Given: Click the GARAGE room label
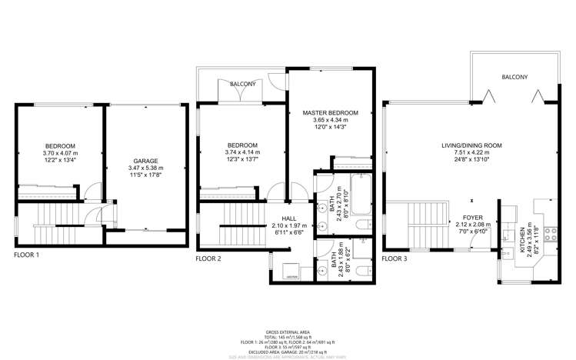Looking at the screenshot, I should (x=145, y=162).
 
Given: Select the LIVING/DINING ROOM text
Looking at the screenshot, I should (x=471, y=145).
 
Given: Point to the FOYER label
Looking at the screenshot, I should (x=472, y=218).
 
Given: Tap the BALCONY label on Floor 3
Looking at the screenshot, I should (x=514, y=78).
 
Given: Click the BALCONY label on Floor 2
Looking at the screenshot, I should (x=242, y=84).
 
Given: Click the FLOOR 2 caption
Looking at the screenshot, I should (x=208, y=259).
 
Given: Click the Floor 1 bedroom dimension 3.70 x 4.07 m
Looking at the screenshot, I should (x=59, y=154).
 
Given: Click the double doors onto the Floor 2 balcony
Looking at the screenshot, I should (x=242, y=94).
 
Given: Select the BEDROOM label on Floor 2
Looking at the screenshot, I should (x=243, y=145).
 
